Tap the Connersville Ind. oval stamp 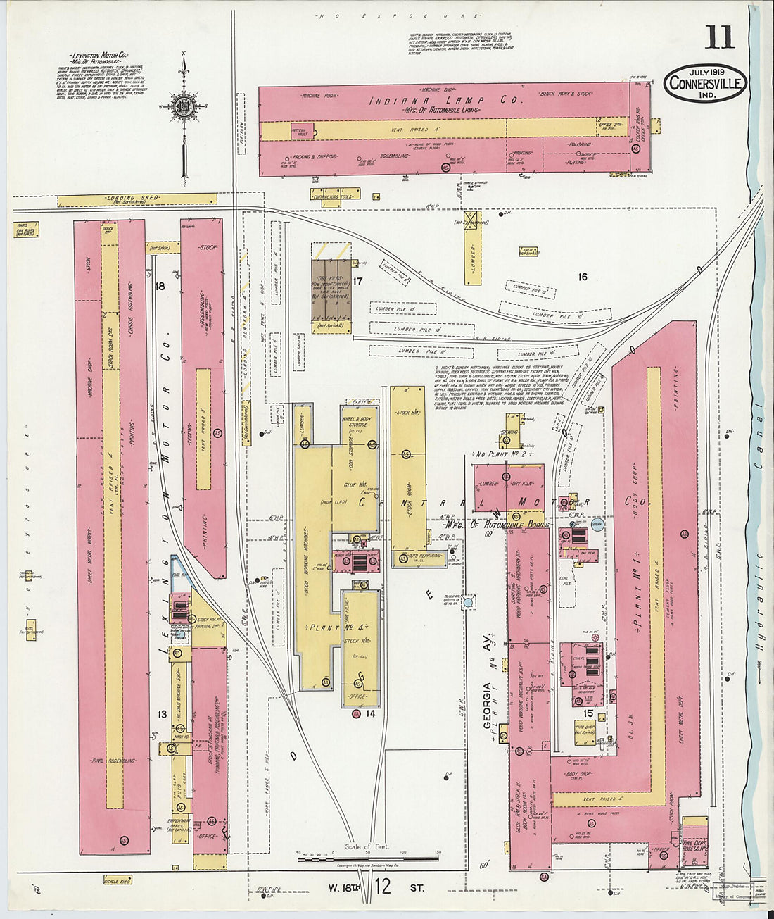(x=705, y=83)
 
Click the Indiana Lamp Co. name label (x=448, y=101)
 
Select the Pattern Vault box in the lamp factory (x=302, y=131)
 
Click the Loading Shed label (x=143, y=199)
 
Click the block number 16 (x=582, y=277)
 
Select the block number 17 (x=357, y=282)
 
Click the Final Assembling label (x=112, y=761)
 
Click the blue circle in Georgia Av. (x=468, y=603)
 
